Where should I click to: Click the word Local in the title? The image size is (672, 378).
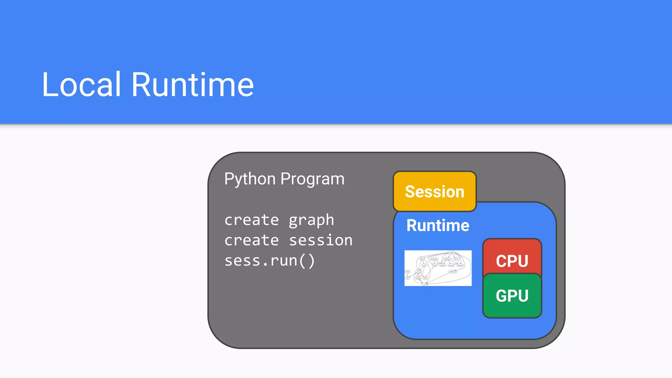click(x=81, y=85)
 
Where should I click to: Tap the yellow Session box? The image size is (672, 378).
click(x=434, y=192)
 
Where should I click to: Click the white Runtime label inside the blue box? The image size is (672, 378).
click(x=438, y=225)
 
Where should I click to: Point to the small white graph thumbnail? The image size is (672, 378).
click(x=438, y=268)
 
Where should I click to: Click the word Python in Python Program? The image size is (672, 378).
click(x=250, y=179)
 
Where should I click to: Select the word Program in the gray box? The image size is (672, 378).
click(x=312, y=179)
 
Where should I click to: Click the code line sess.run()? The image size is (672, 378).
click(x=269, y=261)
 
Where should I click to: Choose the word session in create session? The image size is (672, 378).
click(x=321, y=241)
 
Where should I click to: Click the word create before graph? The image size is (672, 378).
click(x=251, y=220)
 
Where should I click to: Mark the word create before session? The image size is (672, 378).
click(x=251, y=241)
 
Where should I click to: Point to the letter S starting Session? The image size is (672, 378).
click(x=410, y=192)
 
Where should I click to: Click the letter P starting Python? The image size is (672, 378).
click(x=229, y=179)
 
